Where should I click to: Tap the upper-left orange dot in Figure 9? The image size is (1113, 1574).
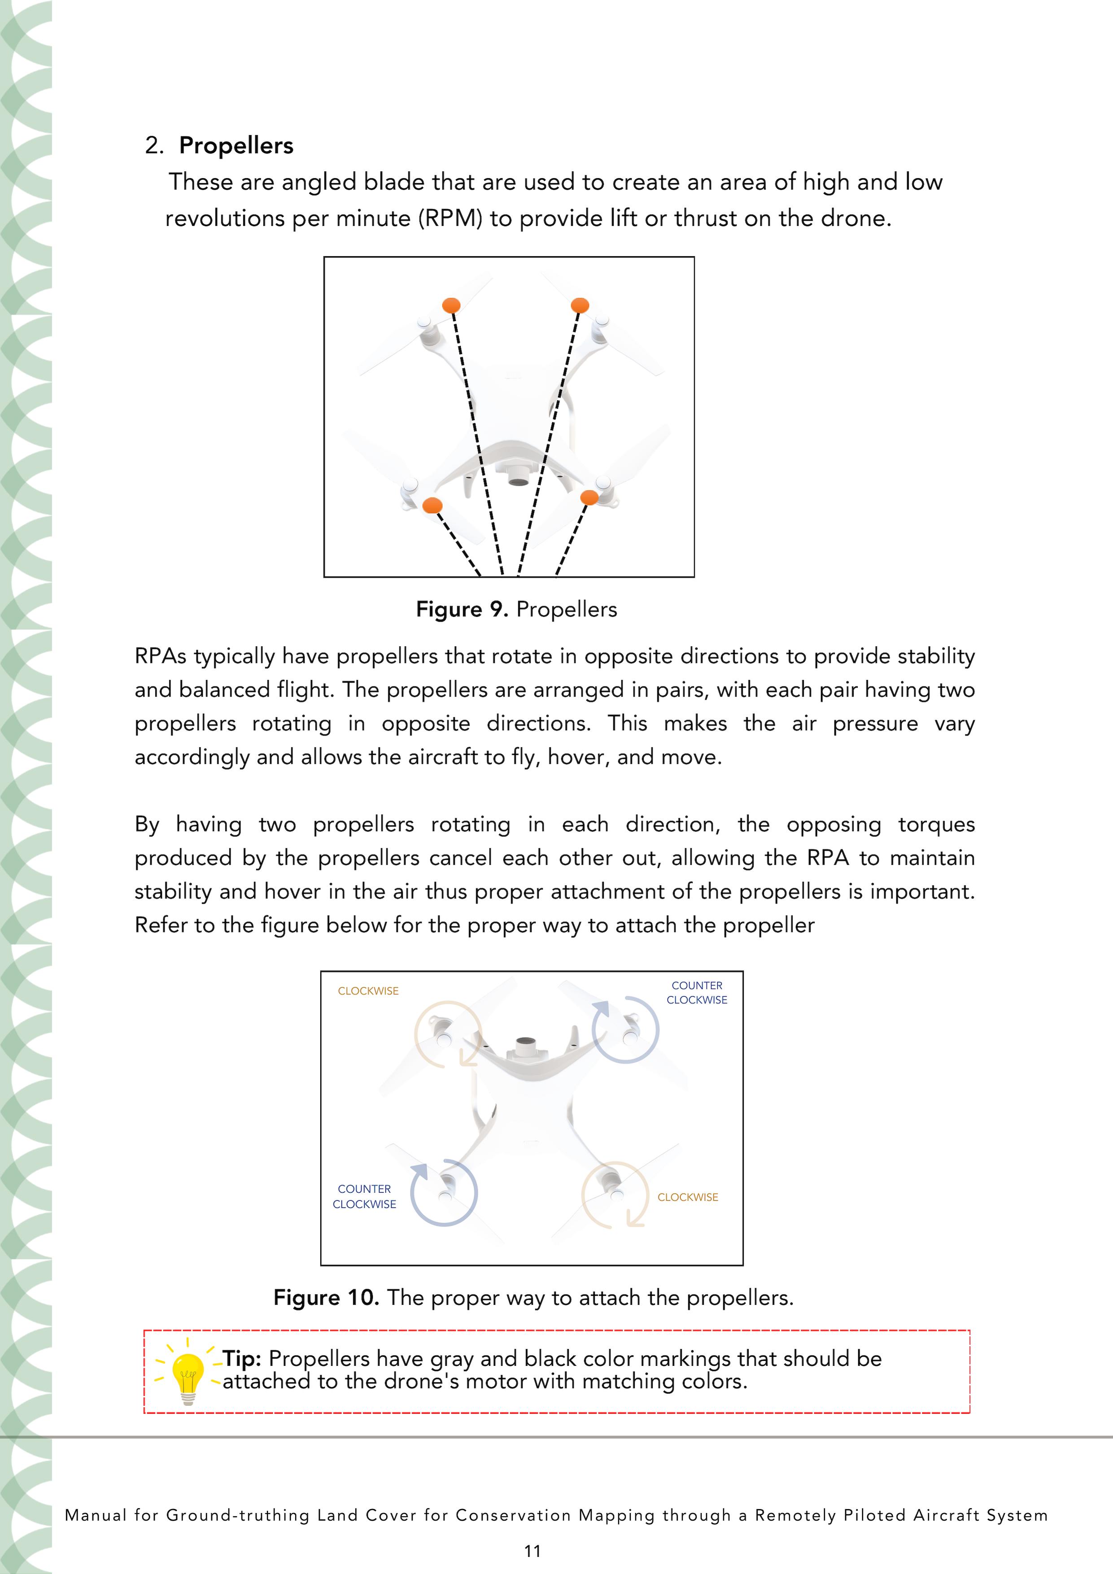coord(450,305)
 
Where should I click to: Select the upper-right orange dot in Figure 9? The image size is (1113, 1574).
coord(580,305)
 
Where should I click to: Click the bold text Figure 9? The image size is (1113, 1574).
coord(462,610)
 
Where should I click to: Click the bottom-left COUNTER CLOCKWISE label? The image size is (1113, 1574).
coord(364,1196)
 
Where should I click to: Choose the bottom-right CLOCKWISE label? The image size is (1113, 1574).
coord(688,1197)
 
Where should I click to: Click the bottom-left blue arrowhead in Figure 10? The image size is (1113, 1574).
coord(419,1171)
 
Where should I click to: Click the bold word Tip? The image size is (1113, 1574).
coord(242,1359)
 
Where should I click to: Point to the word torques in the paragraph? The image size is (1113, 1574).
coord(936,824)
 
